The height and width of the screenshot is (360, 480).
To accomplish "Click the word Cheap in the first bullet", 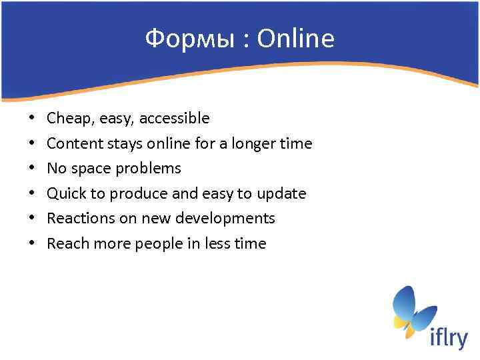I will tap(69, 119).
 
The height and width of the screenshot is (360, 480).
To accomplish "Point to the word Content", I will tap(72, 143).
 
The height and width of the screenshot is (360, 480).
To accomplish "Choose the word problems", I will tap(148, 169).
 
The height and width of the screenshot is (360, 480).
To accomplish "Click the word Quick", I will tap(65, 194).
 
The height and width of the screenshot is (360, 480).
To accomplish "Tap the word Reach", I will tap(66, 244).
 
